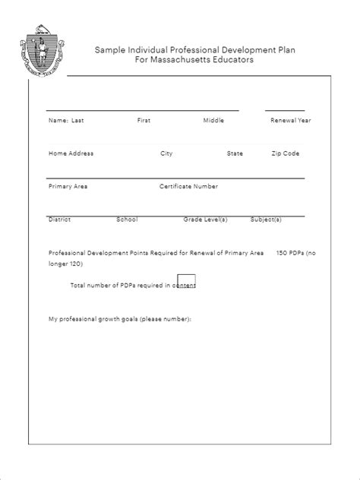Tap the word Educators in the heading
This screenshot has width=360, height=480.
(x=232, y=60)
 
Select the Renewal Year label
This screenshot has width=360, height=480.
(x=290, y=120)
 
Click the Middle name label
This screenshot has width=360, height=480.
(x=213, y=120)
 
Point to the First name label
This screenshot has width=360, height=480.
(x=144, y=120)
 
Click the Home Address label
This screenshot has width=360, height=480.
(x=71, y=153)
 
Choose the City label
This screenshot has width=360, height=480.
(x=166, y=153)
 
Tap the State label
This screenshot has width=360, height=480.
(x=235, y=153)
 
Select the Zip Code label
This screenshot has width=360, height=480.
(x=286, y=153)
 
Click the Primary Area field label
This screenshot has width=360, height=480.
(x=68, y=186)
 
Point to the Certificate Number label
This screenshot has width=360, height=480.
(x=188, y=186)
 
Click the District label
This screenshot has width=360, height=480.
(x=59, y=219)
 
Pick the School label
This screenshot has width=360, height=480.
(x=127, y=219)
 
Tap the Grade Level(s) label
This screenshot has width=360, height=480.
(x=205, y=219)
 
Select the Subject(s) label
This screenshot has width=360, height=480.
(x=266, y=219)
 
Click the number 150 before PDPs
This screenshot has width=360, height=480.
(x=283, y=252)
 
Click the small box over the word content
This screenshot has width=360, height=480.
(x=186, y=280)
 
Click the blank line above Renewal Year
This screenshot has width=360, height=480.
(x=284, y=110)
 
